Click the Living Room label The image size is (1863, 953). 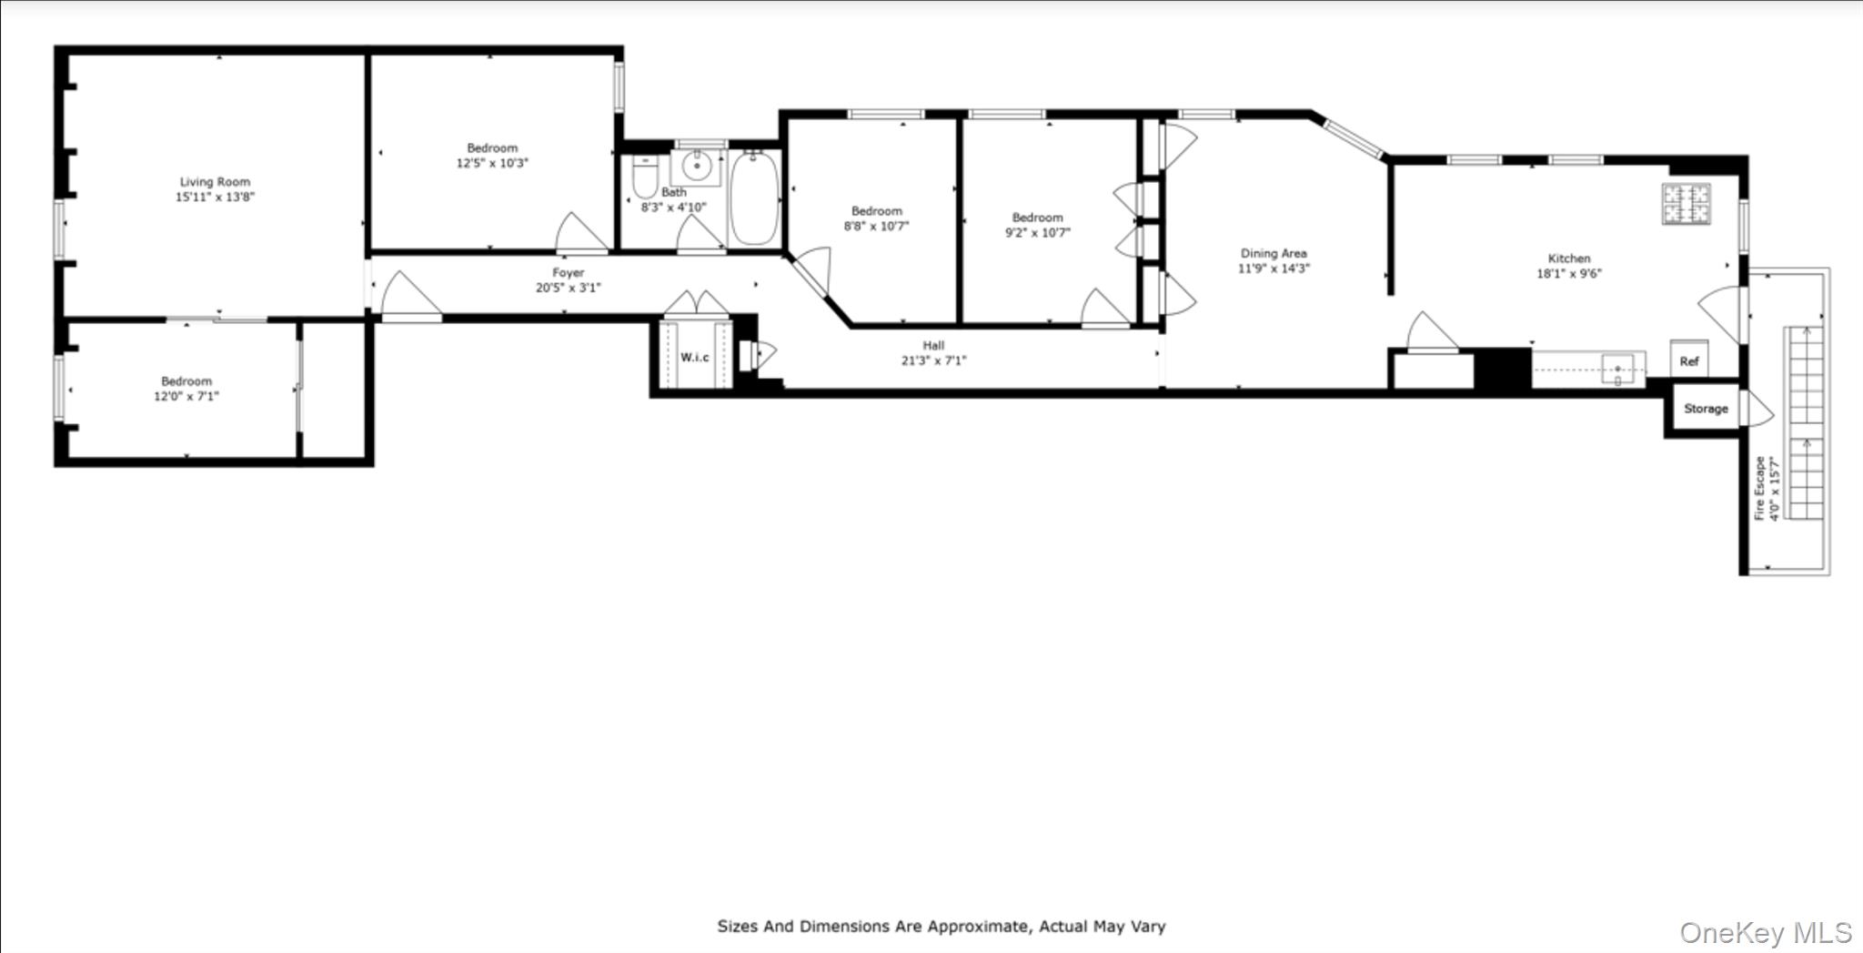[x=214, y=182]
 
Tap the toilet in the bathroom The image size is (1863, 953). [x=644, y=177]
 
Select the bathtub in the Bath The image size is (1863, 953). [x=754, y=198]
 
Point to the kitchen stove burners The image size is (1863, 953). [x=1686, y=204]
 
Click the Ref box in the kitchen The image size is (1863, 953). [x=1688, y=360]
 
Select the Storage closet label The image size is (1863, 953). [x=1705, y=409]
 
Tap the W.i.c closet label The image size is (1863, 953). [x=694, y=357]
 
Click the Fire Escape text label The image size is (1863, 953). [x=1760, y=489]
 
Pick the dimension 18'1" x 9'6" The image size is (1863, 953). [x=1568, y=273]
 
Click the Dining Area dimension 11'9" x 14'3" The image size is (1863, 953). [x=1273, y=269]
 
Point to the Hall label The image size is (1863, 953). [x=933, y=345]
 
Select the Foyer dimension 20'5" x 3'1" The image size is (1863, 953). [x=568, y=288]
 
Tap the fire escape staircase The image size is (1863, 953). [x=1805, y=423]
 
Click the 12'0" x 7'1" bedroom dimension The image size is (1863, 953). [x=186, y=396]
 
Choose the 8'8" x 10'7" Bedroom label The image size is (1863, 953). [x=876, y=211]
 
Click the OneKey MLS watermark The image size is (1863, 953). [x=1765, y=933]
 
